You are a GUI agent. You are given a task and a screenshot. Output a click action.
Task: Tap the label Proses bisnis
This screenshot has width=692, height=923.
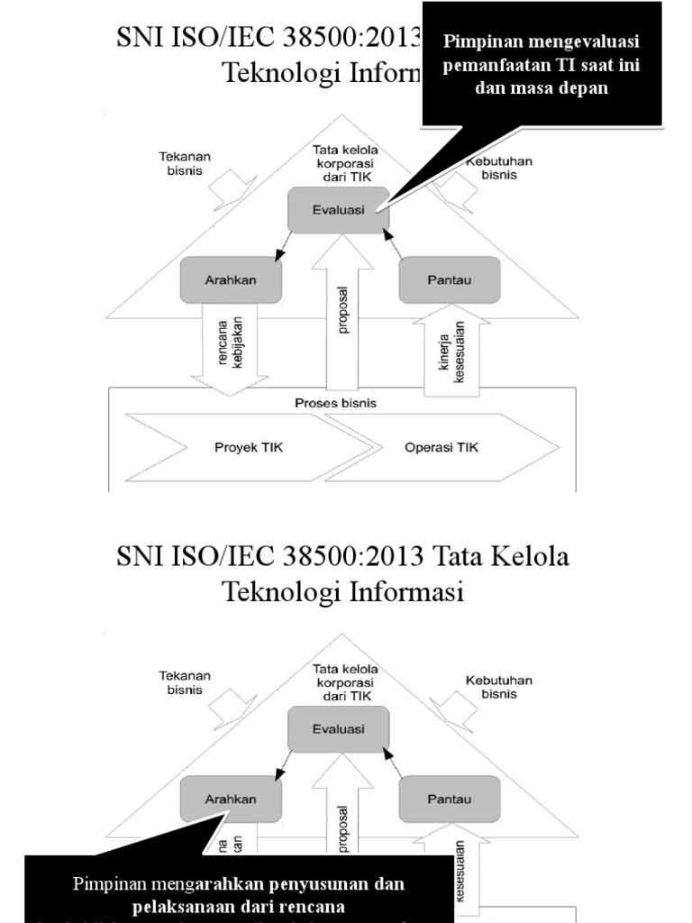335,403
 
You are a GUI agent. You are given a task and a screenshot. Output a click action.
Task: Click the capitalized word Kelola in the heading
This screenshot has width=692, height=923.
530,556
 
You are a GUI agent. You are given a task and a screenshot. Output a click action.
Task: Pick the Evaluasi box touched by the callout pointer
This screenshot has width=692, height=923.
338,209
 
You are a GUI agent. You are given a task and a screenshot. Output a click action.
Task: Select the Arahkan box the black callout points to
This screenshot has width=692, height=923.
231,799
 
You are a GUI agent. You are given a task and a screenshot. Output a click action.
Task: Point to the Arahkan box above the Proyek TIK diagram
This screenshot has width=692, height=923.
231,279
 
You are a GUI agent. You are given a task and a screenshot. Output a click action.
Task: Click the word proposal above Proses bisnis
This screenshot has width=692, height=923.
342,311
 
